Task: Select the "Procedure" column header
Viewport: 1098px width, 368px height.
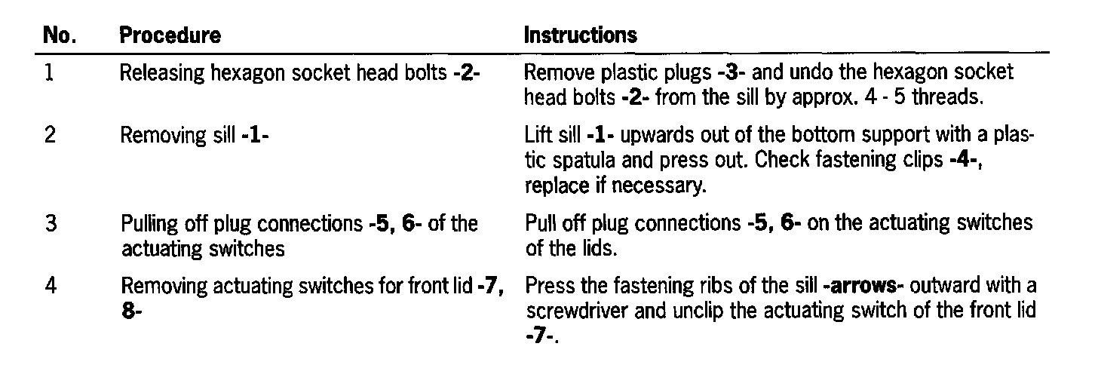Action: click(x=170, y=35)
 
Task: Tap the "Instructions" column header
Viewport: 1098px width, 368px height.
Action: click(x=580, y=35)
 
